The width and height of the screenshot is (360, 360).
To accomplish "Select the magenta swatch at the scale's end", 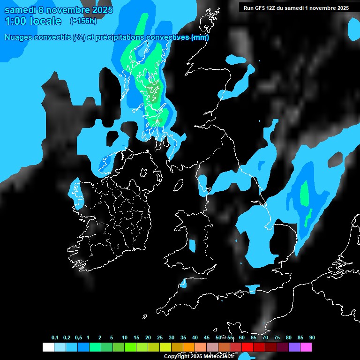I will coord(306,347).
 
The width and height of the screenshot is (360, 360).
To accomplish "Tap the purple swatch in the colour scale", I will coord(294,347).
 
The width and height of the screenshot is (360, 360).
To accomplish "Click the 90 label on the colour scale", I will coord(312,337).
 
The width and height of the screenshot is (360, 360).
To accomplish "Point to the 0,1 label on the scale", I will coord(55,337).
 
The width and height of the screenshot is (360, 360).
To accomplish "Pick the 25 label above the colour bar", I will coord(160,337).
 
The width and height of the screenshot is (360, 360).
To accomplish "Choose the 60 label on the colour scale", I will coord(242,337).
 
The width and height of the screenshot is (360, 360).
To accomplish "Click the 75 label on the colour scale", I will coord(277,337).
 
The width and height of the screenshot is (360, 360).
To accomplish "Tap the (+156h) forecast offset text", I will coord(83,21).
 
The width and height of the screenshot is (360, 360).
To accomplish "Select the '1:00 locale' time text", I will coord(33,21).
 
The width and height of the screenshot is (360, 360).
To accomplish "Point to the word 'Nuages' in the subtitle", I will coord(19,37).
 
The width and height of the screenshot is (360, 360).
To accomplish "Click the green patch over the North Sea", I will coord(305,193).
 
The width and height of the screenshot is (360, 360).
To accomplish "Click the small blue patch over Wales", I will coord(192,246).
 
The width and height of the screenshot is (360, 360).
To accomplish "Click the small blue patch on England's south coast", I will coord(252,287).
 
